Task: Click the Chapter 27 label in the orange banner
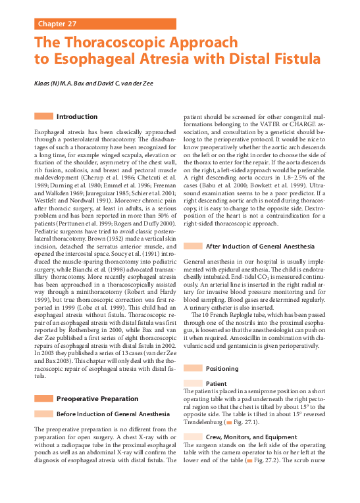coord(57,24)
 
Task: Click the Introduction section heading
coord(77,116)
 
